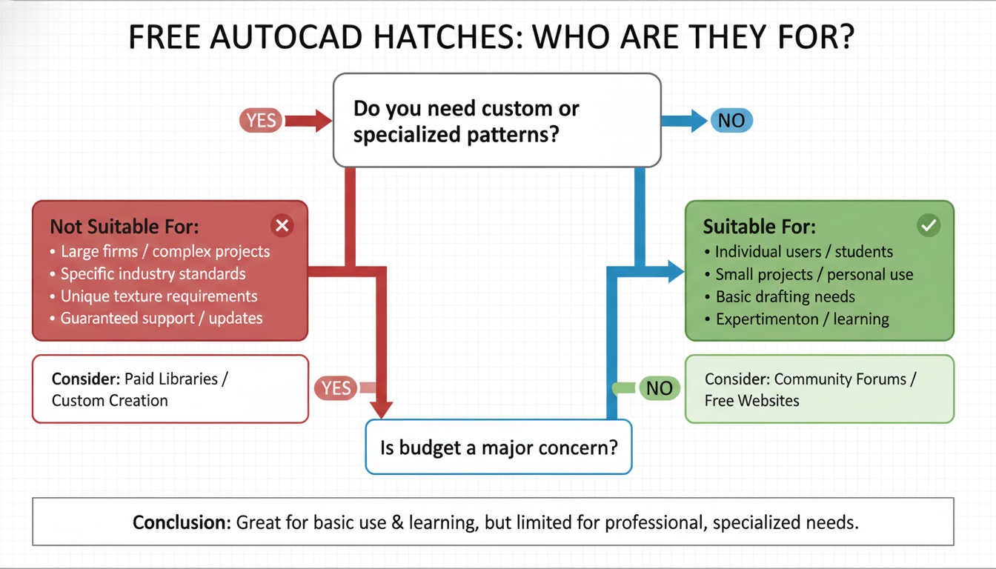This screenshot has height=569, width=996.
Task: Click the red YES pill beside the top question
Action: click(261, 120)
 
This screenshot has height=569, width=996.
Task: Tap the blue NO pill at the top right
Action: click(731, 120)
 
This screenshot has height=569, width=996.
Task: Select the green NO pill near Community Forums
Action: click(658, 387)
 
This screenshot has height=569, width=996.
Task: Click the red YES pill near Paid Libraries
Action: click(336, 387)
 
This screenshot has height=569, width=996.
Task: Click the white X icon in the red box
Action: click(282, 226)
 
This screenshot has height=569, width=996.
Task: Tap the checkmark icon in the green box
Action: click(928, 226)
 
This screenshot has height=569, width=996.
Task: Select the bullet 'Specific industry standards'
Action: click(153, 274)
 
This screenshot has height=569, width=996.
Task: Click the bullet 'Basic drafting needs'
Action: click(785, 297)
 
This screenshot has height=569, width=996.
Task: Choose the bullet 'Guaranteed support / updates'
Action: click(162, 319)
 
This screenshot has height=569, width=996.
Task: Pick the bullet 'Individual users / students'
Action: click(803, 252)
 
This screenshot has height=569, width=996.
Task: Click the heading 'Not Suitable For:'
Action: click(124, 227)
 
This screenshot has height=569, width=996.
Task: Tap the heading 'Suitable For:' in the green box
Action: click(759, 227)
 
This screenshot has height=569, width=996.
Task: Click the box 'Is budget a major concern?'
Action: click(498, 447)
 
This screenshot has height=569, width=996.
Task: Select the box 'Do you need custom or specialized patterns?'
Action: click(497, 121)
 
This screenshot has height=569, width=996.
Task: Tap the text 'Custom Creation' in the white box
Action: click(110, 401)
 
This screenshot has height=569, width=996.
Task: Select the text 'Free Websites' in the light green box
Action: click(751, 401)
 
